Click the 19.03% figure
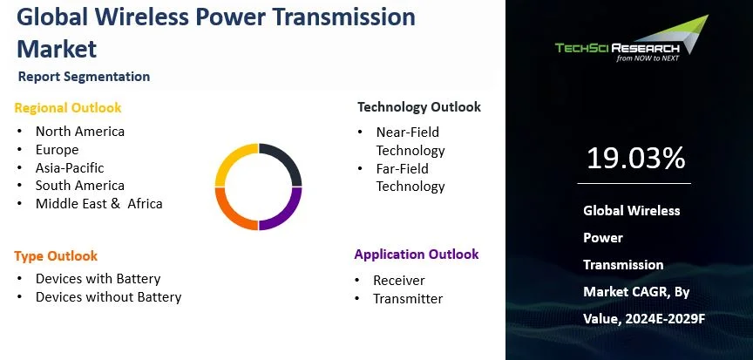[x=635, y=159]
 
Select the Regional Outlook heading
[x=68, y=108]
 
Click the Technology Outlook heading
[x=418, y=107]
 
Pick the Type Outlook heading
[x=56, y=256]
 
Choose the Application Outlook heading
[x=416, y=255]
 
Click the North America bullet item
[x=79, y=132]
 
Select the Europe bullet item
[x=57, y=150]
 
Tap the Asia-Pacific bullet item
[x=70, y=167]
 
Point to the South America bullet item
[x=79, y=186]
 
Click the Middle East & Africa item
[x=98, y=204]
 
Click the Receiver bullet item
[x=400, y=281]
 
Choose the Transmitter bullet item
[x=408, y=299]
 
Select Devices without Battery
[x=108, y=297]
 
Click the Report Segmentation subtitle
[x=84, y=77]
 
